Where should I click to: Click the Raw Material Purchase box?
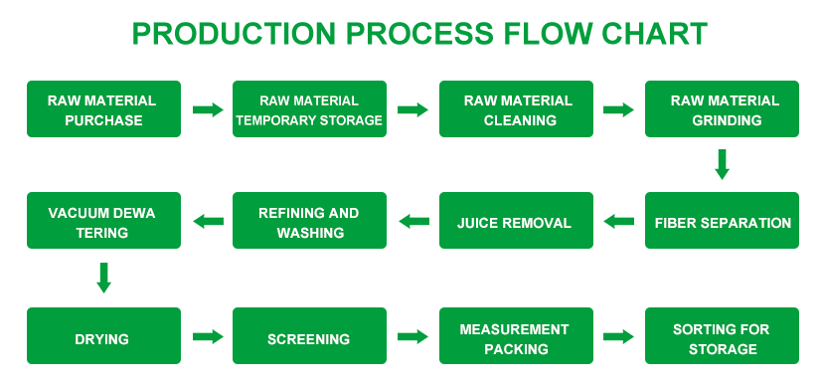[103, 109]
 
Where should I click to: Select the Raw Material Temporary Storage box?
[309, 109]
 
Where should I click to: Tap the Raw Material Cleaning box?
[517, 109]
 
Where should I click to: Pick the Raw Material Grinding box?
[722, 109]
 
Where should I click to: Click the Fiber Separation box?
[722, 220]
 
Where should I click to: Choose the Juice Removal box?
[517, 220]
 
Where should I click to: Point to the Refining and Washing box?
[309, 220]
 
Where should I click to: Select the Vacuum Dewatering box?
[103, 220]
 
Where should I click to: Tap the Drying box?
[103, 335]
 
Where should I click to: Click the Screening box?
[309, 335]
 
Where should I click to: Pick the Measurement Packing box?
[517, 335]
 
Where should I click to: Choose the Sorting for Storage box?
[722, 335]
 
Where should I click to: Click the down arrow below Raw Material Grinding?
[722, 164]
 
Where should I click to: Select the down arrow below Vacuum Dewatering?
[103, 278]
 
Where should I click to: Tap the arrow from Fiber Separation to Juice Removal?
[619, 221]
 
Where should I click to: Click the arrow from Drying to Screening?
[208, 336]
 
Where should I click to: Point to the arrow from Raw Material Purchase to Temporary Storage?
[208, 110]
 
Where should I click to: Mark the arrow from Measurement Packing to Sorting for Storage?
[619, 336]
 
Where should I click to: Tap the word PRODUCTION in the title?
[234, 33]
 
